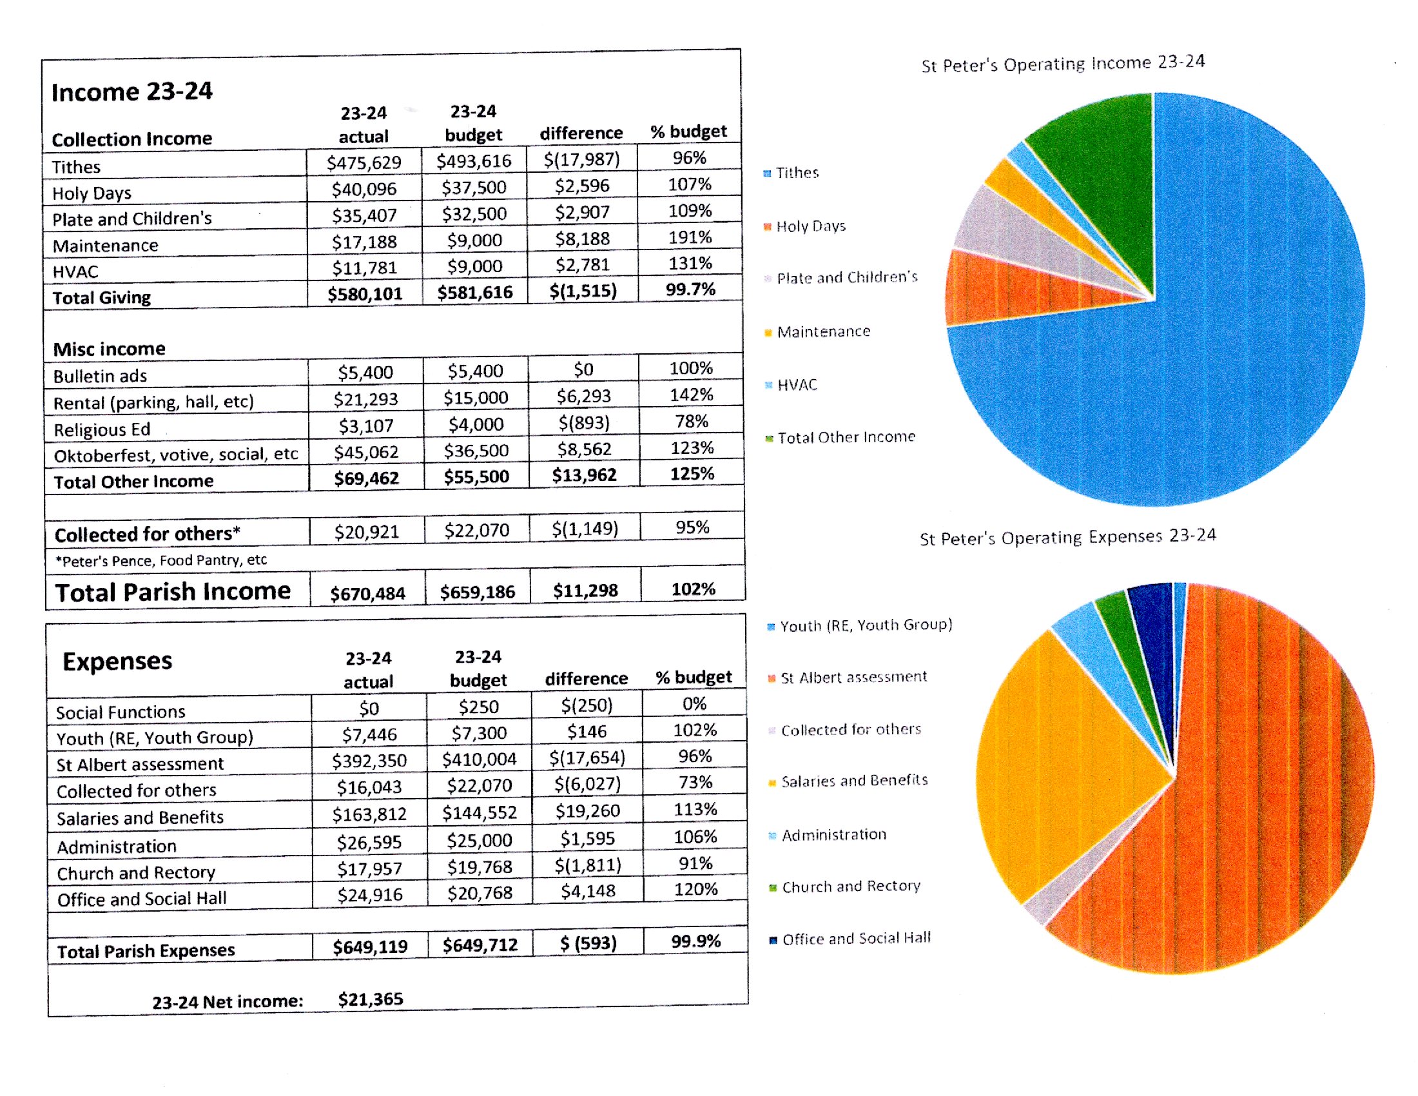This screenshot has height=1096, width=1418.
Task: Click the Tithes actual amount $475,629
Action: tap(364, 162)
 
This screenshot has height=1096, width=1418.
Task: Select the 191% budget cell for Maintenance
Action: tap(690, 237)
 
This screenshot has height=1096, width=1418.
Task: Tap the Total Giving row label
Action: tap(102, 298)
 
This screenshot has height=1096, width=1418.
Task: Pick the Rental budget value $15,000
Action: tap(475, 397)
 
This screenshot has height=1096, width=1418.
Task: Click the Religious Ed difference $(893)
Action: tap(584, 424)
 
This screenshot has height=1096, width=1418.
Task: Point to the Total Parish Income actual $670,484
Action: tap(367, 593)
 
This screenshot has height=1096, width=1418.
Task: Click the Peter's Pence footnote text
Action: tap(161, 560)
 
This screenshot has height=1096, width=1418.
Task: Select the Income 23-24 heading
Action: tap(131, 92)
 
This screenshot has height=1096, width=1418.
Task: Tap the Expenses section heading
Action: tap(117, 661)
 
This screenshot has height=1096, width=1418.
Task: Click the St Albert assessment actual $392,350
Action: tap(369, 761)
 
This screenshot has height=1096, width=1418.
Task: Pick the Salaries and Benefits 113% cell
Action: tap(695, 809)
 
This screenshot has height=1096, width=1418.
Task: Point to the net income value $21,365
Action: tap(370, 999)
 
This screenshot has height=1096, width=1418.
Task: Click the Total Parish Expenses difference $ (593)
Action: tap(588, 943)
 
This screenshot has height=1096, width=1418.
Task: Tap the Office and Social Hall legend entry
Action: tap(851, 939)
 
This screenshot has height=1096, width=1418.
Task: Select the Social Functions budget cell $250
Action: tap(478, 707)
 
